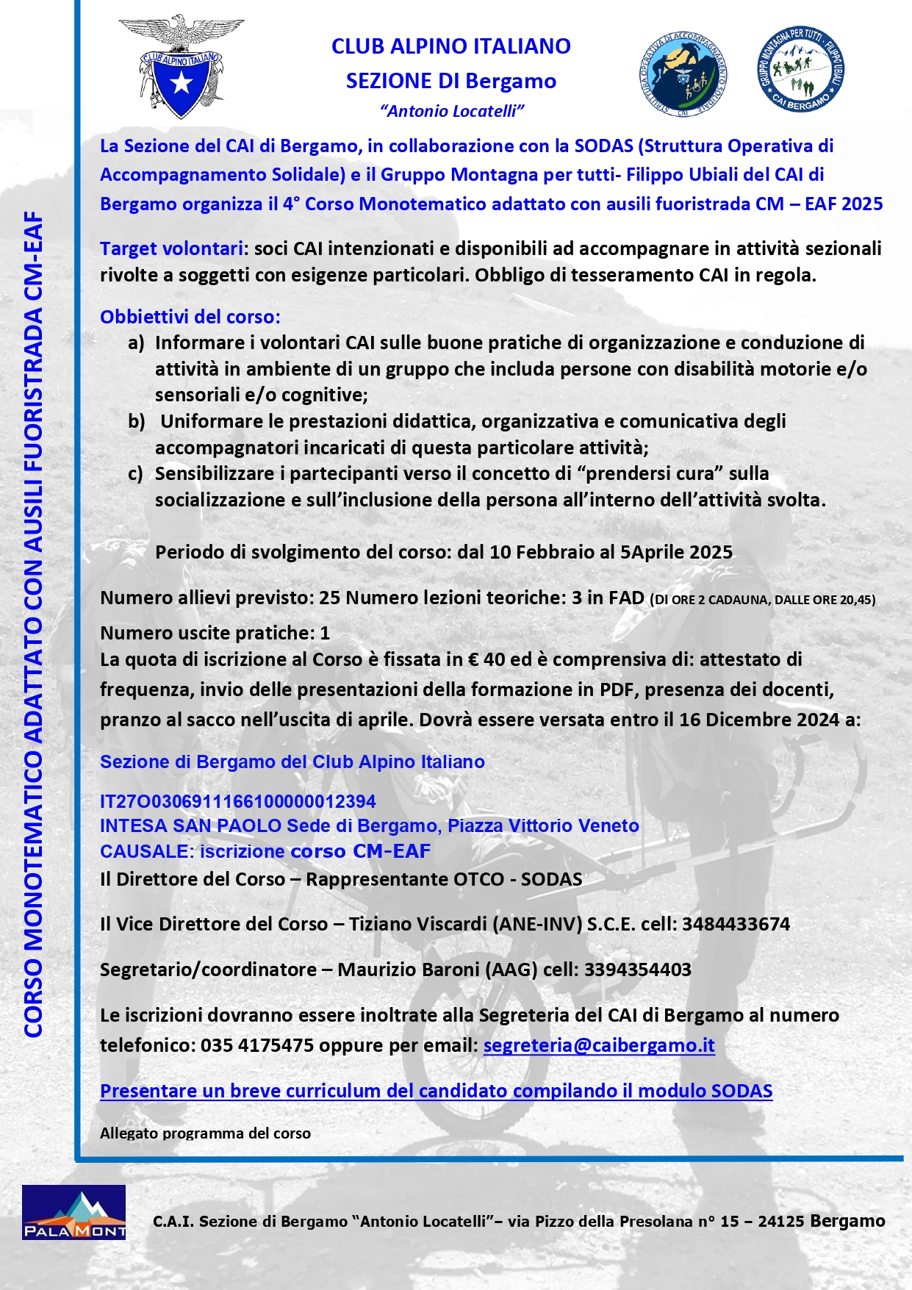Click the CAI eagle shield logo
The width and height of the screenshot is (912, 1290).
point(181,67)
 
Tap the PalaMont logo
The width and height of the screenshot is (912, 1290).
point(73,1212)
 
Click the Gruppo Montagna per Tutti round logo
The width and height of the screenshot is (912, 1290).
point(800,71)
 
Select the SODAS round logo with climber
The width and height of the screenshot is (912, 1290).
point(683,74)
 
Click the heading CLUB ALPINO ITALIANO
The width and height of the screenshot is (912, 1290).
point(450,46)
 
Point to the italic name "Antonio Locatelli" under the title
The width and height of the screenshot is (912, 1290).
point(452,111)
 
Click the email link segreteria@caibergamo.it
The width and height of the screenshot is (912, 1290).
point(599,1045)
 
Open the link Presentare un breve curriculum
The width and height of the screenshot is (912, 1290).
point(436,1091)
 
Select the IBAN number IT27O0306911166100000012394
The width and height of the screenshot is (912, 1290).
point(237,801)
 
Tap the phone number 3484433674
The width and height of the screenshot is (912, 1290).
point(736,924)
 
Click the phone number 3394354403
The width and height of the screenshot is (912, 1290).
point(637,970)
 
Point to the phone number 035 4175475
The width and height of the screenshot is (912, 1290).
point(257,1045)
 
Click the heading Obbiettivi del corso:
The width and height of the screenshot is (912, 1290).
point(190,317)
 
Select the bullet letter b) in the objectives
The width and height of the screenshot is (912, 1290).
point(137,421)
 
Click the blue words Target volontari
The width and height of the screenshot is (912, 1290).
point(171,248)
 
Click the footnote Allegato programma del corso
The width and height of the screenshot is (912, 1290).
point(205,1133)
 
